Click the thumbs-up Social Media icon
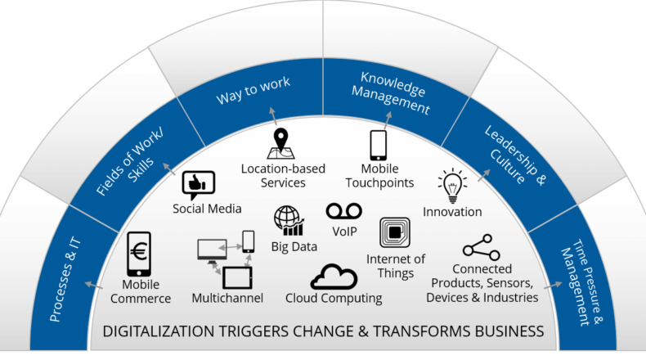point(199,185)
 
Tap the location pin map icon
point(281,143)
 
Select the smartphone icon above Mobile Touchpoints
point(379,146)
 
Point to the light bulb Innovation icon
point(452,186)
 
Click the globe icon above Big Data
point(289,221)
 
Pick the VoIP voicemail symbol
point(344,211)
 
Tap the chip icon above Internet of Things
point(395,232)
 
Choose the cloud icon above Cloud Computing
point(334,277)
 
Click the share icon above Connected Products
point(481,247)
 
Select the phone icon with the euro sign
point(139,254)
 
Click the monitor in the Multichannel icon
point(212,250)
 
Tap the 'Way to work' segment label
point(253,90)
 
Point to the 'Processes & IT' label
point(65,279)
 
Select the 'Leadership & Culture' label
point(515,155)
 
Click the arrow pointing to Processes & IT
point(93,286)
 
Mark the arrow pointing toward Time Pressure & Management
point(553,285)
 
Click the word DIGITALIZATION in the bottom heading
point(159,331)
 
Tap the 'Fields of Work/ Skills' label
point(130,163)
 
